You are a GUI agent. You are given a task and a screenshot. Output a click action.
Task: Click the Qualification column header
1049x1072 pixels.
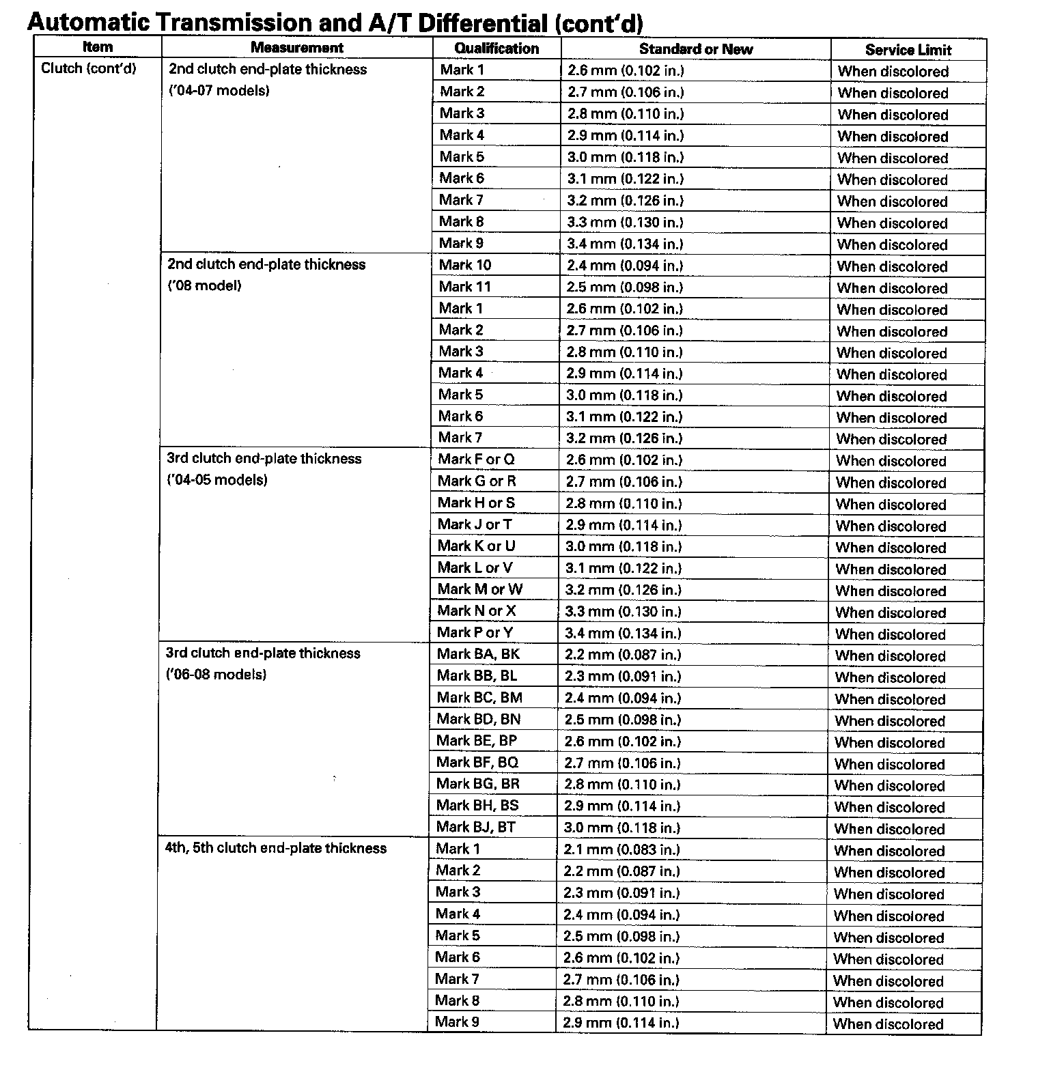[x=496, y=48]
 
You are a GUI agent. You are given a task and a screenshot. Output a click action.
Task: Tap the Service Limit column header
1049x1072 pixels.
[x=908, y=50]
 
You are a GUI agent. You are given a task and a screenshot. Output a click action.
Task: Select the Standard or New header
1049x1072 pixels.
[x=695, y=49]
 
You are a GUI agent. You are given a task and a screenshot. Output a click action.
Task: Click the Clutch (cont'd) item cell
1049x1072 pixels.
[x=89, y=68]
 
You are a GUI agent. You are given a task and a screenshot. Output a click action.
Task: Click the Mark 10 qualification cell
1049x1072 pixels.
[x=465, y=265]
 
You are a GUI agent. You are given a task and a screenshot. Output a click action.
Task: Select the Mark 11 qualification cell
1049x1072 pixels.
[x=465, y=287]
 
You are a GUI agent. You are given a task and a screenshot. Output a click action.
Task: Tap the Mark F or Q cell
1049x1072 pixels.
[x=476, y=459]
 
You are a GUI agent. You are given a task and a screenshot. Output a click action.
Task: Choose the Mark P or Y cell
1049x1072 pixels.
[x=475, y=632]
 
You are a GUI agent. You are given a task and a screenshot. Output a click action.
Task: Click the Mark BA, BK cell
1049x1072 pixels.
[x=478, y=654]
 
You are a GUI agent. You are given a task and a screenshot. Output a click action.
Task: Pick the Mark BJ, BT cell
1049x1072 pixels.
[x=476, y=827]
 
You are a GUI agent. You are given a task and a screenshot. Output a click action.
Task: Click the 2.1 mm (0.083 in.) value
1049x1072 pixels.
[x=621, y=849]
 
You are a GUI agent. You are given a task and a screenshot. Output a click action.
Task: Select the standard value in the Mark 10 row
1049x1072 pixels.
[x=624, y=266]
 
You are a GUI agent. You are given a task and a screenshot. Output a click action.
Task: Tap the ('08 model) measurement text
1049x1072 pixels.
[x=205, y=285]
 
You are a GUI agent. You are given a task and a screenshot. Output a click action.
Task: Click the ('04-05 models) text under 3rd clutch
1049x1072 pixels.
[x=217, y=479]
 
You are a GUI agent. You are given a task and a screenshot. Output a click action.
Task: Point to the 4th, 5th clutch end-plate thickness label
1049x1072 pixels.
[x=276, y=848]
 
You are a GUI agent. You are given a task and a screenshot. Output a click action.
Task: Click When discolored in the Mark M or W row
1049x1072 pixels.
[x=891, y=591]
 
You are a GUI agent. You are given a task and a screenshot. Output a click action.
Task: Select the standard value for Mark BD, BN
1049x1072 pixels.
[x=623, y=720]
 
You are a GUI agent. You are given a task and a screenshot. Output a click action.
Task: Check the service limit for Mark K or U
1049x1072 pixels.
[x=891, y=548]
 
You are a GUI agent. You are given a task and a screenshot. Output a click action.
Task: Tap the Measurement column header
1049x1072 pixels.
[x=296, y=47]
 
